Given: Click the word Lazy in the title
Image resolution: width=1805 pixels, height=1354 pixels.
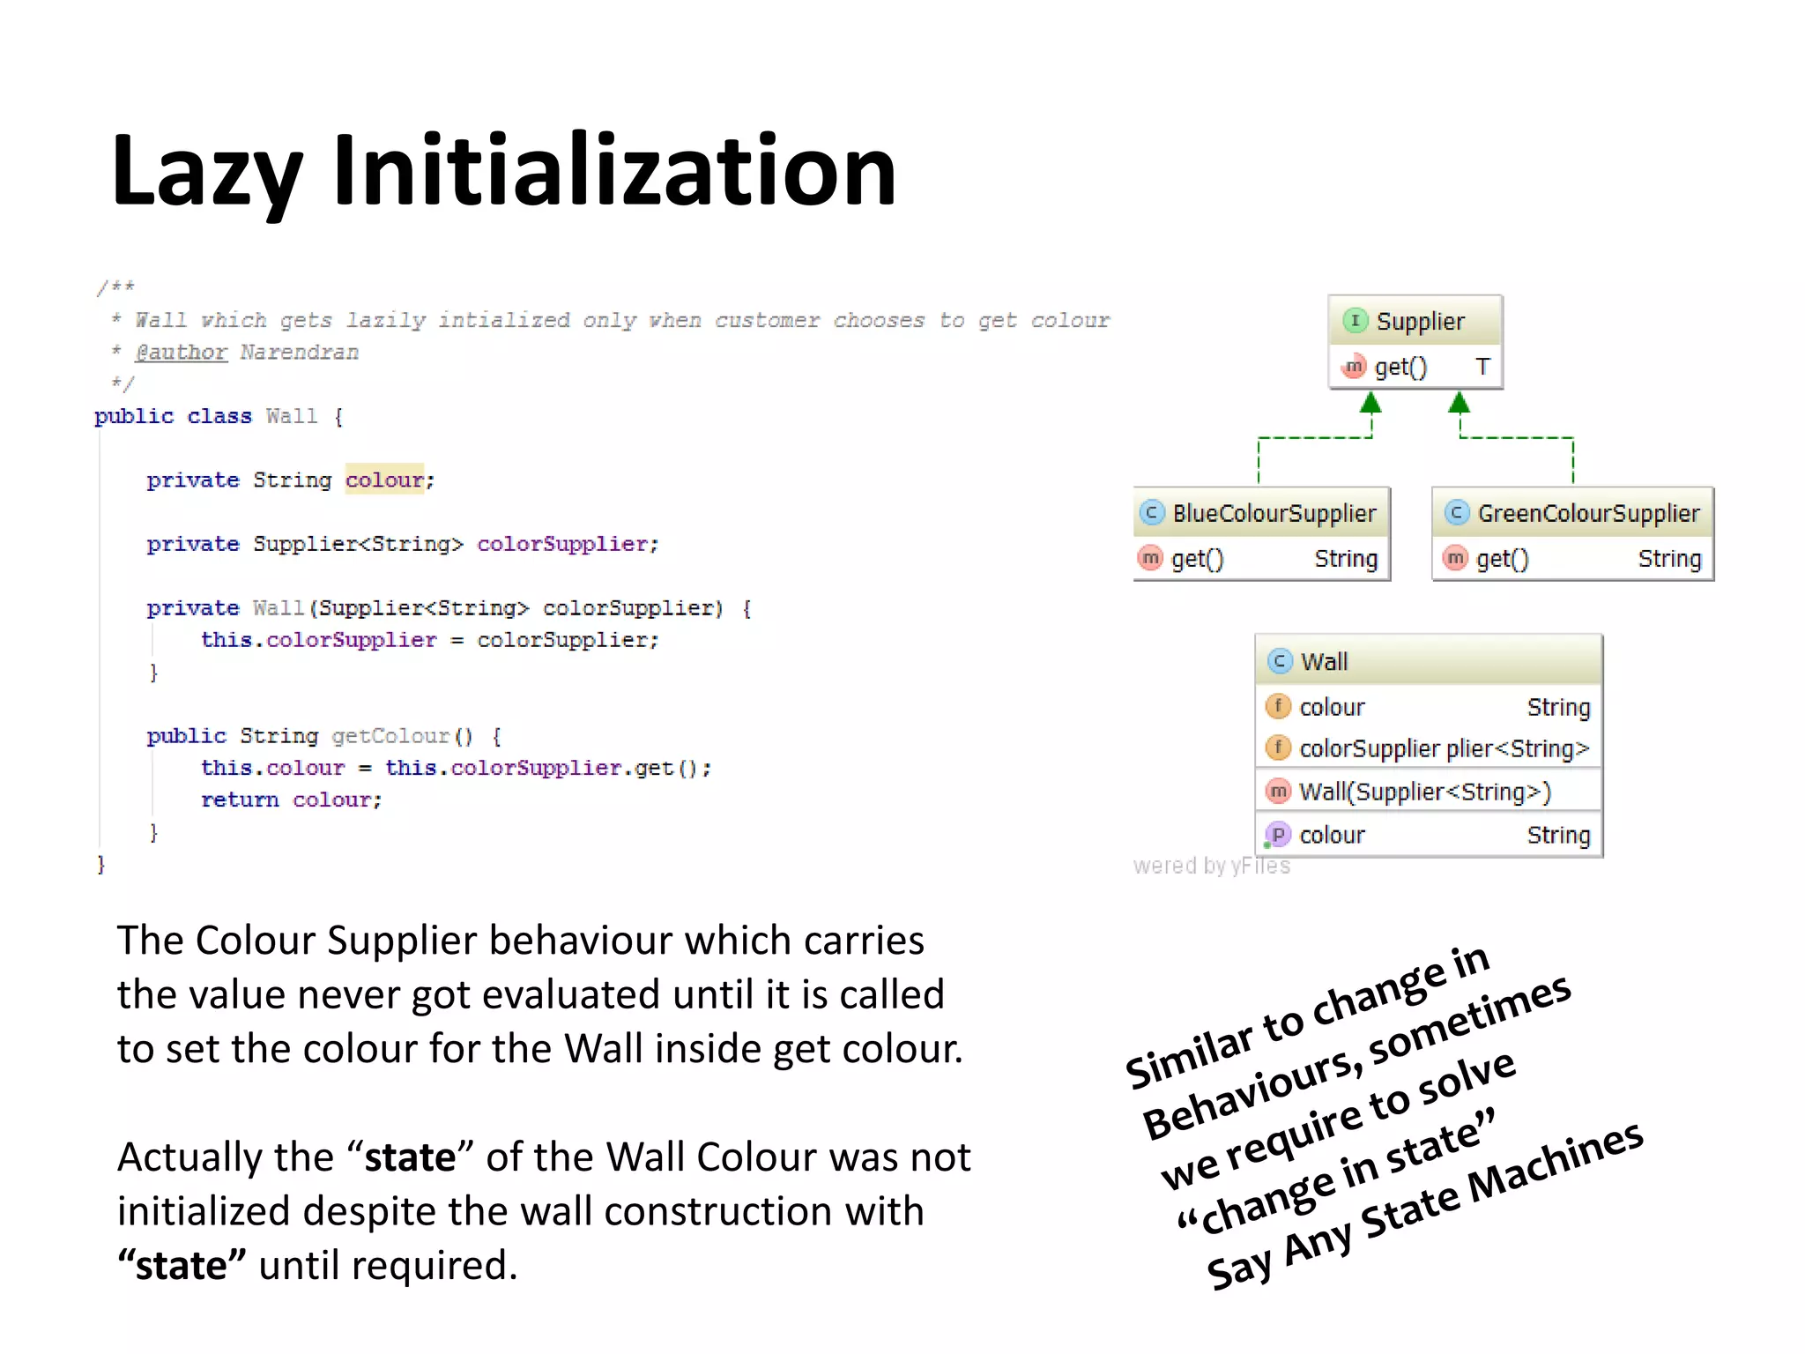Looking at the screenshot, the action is click(208, 172).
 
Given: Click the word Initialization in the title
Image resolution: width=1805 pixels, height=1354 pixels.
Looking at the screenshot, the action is click(614, 170).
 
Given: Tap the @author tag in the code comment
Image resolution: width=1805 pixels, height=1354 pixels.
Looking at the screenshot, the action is click(181, 353).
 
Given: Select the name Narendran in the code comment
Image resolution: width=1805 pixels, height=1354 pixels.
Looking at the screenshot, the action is click(300, 353).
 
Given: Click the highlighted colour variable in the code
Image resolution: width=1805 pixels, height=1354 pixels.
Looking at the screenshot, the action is click(384, 480).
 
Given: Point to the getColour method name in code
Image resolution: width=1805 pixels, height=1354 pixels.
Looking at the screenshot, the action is click(390, 736).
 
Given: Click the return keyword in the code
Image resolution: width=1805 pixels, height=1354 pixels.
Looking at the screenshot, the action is click(239, 800).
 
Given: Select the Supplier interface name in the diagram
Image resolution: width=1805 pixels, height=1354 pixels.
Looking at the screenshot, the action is click(1420, 322).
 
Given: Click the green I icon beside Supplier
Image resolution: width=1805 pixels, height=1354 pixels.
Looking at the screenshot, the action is click(1355, 321).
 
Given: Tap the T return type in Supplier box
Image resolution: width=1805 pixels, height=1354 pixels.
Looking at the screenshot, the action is click(1482, 367).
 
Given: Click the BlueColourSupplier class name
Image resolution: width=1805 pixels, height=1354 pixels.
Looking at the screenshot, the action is click(1274, 513).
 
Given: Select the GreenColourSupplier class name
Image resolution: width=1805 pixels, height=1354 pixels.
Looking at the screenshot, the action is click(1588, 513).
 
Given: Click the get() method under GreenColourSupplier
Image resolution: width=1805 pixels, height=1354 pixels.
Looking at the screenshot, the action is click(1502, 559).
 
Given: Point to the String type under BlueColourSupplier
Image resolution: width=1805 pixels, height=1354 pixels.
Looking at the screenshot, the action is click(1345, 559).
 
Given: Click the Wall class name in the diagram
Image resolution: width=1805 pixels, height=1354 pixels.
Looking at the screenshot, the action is click(1324, 662).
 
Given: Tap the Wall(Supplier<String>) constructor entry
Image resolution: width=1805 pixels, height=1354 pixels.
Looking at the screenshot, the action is click(1424, 792).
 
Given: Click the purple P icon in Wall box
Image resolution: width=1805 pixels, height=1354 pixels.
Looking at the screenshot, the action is click(1278, 834).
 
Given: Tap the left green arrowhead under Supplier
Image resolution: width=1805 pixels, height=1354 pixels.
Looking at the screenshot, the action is click(1370, 404).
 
